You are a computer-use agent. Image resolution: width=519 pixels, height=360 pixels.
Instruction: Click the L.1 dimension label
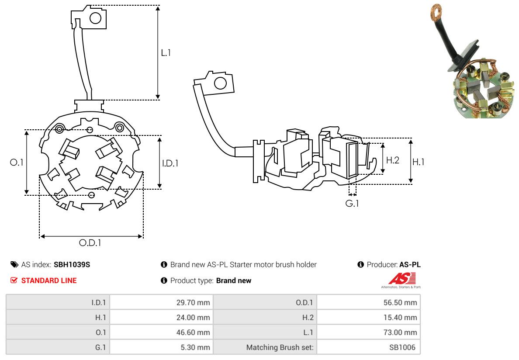coord(166,53)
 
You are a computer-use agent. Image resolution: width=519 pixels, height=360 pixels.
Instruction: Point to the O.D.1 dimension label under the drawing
coord(90,243)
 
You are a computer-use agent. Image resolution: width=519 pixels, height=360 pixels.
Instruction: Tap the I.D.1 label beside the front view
coord(170,163)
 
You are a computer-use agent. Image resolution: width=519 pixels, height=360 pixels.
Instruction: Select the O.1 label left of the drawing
coord(17,162)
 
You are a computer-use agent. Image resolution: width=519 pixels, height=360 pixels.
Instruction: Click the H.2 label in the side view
coord(392,160)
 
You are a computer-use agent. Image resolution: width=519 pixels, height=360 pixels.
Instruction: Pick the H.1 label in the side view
coord(418,162)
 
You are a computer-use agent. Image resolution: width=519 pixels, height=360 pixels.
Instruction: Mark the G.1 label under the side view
coord(352,204)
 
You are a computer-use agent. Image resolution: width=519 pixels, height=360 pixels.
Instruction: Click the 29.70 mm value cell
coord(193,302)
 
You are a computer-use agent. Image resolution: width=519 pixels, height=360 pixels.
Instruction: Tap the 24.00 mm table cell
coord(193,317)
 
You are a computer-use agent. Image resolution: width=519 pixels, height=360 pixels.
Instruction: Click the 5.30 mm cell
coord(195,347)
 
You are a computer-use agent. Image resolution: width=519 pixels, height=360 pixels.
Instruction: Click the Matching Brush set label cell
coord(280,347)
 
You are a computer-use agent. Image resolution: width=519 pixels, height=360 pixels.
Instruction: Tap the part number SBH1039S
coord(72,264)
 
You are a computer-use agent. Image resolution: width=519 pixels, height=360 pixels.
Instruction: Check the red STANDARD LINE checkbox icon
coord(14,280)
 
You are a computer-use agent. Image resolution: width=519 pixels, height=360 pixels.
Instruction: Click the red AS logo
coord(401,278)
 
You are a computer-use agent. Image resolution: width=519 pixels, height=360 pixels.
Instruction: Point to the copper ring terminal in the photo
coord(436,9)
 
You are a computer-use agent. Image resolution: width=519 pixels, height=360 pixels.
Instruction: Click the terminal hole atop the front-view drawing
coord(95,18)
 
